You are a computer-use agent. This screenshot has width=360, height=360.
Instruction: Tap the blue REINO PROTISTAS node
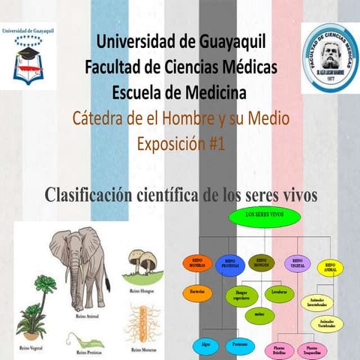click(x=230, y=265)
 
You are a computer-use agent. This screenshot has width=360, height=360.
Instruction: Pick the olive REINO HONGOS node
click(x=262, y=262)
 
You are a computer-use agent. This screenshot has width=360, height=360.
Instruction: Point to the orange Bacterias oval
click(x=198, y=290)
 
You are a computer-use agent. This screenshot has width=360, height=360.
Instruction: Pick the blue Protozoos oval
click(x=239, y=344)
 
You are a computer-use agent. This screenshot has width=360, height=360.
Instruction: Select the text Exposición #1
click(x=181, y=142)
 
